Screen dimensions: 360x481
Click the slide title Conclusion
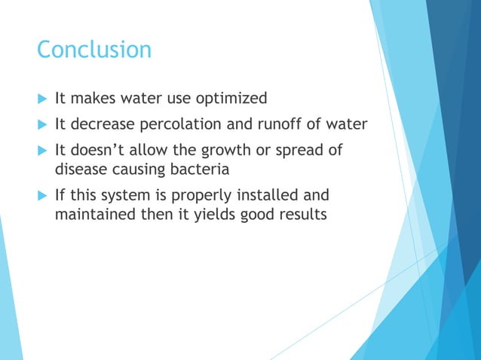tap(94, 50)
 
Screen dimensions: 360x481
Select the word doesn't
tap(100, 151)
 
